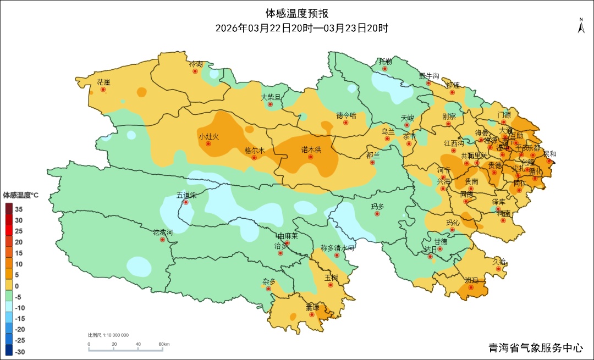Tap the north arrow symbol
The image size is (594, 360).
pyautogui.click(x=581, y=26)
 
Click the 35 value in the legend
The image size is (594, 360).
pyautogui.click(x=19, y=209)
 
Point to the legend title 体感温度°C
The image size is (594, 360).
pyautogui.click(x=21, y=195)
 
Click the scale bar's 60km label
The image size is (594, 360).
pyautogui.click(x=164, y=345)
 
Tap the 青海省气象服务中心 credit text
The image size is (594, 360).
pyautogui.click(x=536, y=348)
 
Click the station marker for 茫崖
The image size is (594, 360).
pyautogui.click(x=103, y=90)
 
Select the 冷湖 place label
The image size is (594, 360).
pyautogui.click(x=196, y=64)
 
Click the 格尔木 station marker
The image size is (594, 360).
pyautogui.click(x=254, y=158)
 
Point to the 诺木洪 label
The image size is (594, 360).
pyautogui.click(x=311, y=149)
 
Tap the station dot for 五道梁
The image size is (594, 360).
pyautogui.click(x=186, y=202)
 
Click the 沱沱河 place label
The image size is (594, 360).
pyautogui.click(x=162, y=232)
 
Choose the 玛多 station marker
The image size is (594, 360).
pyautogui.click(x=377, y=213)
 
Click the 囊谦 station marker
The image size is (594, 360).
pyautogui.click(x=312, y=315)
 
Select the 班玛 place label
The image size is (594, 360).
pyautogui.click(x=471, y=280)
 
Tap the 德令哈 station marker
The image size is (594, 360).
pyautogui.click(x=346, y=123)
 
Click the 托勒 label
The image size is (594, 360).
pyautogui.click(x=385, y=61)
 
